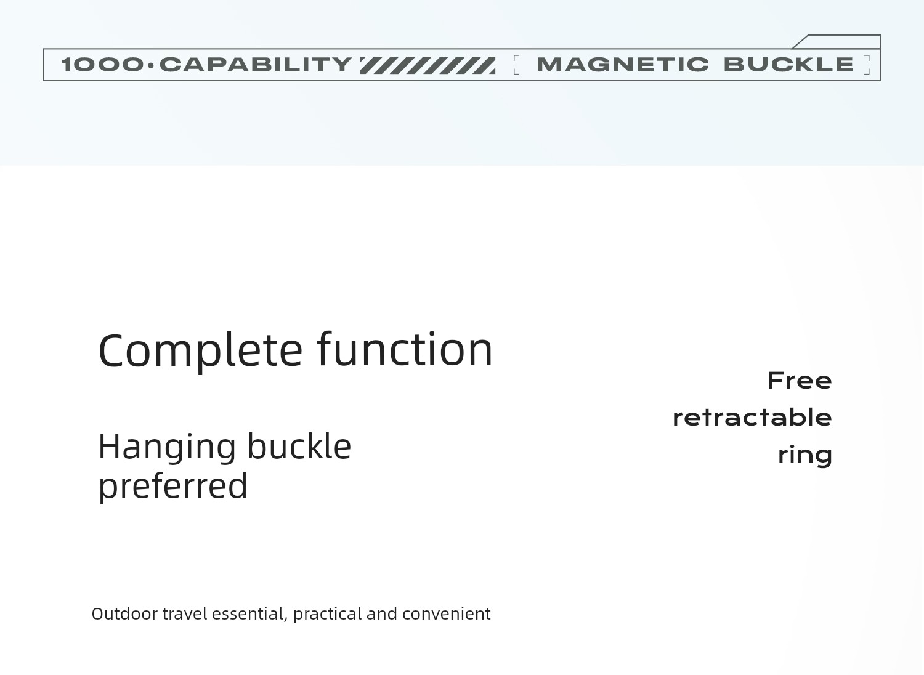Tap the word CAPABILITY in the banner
point(256,65)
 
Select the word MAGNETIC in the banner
point(622,65)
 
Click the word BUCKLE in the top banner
point(788,65)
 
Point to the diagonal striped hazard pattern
point(428,65)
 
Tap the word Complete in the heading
point(200,351)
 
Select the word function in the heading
point(405,349)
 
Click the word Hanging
point(167,448)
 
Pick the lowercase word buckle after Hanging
point(299,446)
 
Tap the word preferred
point(173,487)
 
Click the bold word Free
point(800,380)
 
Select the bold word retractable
point(752,418)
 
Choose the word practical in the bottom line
point(328,615)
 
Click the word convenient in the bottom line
point(447,613)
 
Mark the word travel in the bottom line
point(185,613)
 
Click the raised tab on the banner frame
point(837,42)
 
